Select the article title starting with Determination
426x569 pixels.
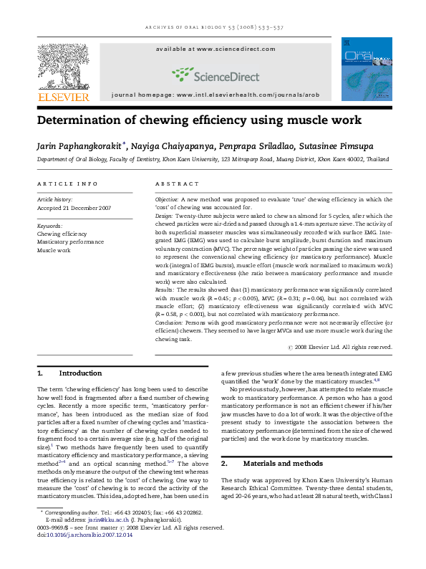(199, 120)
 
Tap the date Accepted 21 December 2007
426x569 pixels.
(75, 208)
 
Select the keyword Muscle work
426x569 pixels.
(54, 251)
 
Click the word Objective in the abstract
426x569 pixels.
(167, 196)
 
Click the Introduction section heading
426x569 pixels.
(80, 373)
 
